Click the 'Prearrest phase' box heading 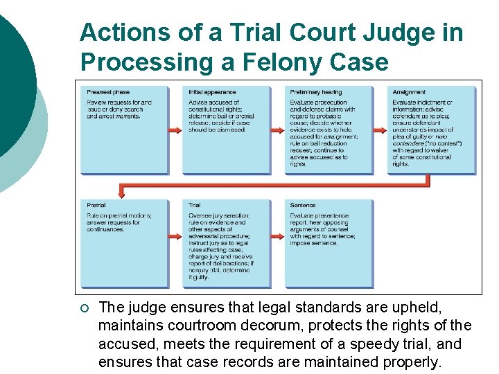108,93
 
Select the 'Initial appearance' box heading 212,93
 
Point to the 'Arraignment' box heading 409,93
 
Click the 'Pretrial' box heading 96,206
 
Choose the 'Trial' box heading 195,206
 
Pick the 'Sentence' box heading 303,206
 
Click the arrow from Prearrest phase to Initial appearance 175,130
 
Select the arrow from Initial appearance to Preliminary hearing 277,130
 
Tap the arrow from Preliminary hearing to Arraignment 380,130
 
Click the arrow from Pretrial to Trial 175,238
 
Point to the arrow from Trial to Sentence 277,238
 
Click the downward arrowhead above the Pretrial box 123,192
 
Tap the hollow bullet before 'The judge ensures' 84,307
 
